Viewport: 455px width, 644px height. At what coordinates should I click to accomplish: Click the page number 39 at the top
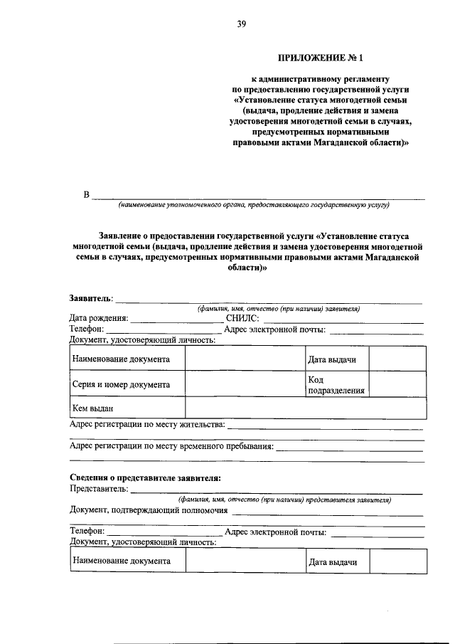pyautogui.click(x=241, y=25)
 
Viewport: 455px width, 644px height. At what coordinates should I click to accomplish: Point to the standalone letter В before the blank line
pyautogui.click(x=87, y=195)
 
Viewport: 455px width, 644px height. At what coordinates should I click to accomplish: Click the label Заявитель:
pyautogui.click(x=92, y=297)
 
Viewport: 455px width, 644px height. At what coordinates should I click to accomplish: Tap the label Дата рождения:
pyautogui.click(x=99, y=318)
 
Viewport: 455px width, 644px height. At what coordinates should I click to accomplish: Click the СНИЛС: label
pyautogui.click(x=242, y=318)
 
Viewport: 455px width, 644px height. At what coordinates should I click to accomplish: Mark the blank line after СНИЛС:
pyautogui.click(x=341, y=322)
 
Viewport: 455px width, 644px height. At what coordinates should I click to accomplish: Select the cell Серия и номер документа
pyautogui.click(x=122, y=384)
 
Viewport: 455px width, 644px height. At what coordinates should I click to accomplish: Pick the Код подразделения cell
pyautogui.click(x=331, y=385)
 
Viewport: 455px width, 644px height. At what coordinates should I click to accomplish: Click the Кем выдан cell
pyautogui.click(x=93, y=408)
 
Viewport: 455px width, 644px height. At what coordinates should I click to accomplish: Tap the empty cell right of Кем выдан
pyautogui.click(x=305, y=408)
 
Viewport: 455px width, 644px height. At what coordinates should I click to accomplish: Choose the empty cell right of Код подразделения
pyautogui.click(x=397, y=385)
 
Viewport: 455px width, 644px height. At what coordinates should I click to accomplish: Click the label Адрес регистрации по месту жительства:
pyautogui.click(x=147, y=425)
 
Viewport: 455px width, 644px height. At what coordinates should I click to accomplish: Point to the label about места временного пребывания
pyautogui.click(x=171, y=446)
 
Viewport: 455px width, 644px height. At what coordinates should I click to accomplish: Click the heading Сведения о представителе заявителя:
pyautogui.click(x=145, y=477)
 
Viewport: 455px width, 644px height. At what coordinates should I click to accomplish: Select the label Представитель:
pyautogui.click(x=99, y=489)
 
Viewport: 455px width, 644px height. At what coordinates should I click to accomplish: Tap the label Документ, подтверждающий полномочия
pyautogui.click(x=149, y=510)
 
